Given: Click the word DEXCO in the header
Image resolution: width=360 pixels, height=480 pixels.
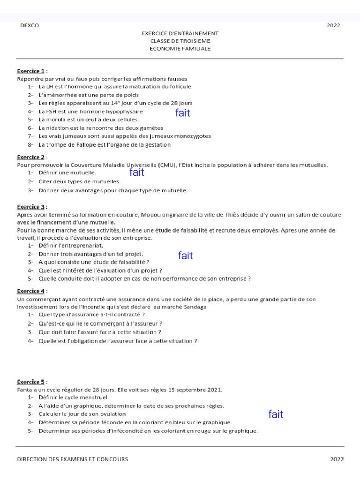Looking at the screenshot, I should click(x=30, y=26).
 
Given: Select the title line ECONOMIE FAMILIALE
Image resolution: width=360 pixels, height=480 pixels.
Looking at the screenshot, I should click(x=180, y=49).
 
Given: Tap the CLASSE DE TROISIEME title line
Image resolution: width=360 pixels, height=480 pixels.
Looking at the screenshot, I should click(x=180, y=41).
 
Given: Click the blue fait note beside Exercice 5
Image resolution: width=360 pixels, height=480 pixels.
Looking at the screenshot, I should click(x=276, y=414).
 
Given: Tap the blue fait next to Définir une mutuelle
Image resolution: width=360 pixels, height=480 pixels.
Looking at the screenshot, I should click(x=136, y=172).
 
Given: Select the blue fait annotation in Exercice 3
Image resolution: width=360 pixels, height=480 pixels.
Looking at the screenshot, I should click(x=186, y=255).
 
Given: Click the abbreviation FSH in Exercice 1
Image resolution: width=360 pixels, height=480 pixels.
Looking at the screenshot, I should click(x=51, y=112).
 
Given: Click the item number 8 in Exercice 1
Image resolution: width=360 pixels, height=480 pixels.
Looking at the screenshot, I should click(x=29, y=145).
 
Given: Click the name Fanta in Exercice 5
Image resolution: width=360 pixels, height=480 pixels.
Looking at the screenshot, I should click(x=24, y=390).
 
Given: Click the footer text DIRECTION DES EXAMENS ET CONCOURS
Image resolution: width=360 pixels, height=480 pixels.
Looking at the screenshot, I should click(x=73, y=459).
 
